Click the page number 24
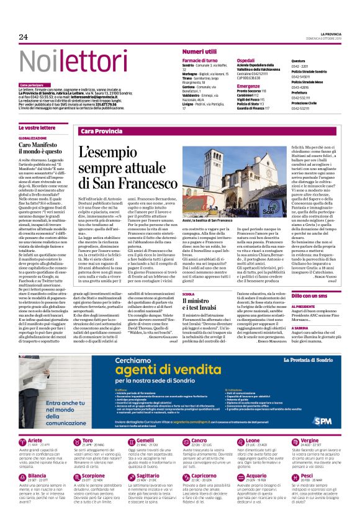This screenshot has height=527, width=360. pos(24,37)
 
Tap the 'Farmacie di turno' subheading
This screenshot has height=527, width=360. pos(200,60)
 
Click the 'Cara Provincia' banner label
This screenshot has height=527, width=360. pos(101,132)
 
